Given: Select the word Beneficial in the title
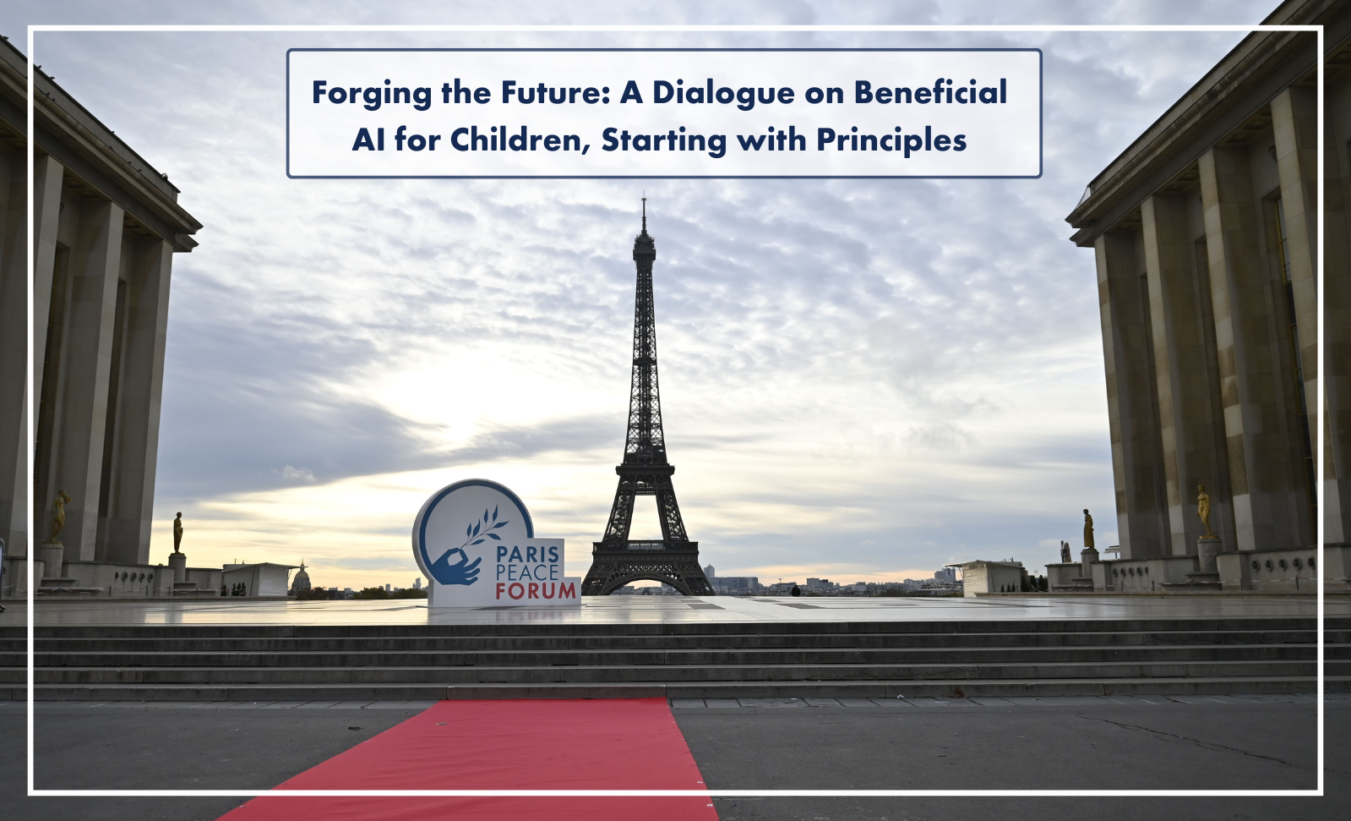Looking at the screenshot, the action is click(930, 92).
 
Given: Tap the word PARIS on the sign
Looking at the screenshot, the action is click(527, 554).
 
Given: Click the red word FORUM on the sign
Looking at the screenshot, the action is click(536, 591).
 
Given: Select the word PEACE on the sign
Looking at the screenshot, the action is click(527, 572).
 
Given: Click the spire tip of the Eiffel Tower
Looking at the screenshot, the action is click(644, 197).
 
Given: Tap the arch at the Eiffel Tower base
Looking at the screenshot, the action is click(647, 583).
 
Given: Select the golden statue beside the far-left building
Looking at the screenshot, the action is click(59, 517).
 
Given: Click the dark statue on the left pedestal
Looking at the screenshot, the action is click(178, 533).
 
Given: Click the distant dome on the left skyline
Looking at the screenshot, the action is click(301, 577).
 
